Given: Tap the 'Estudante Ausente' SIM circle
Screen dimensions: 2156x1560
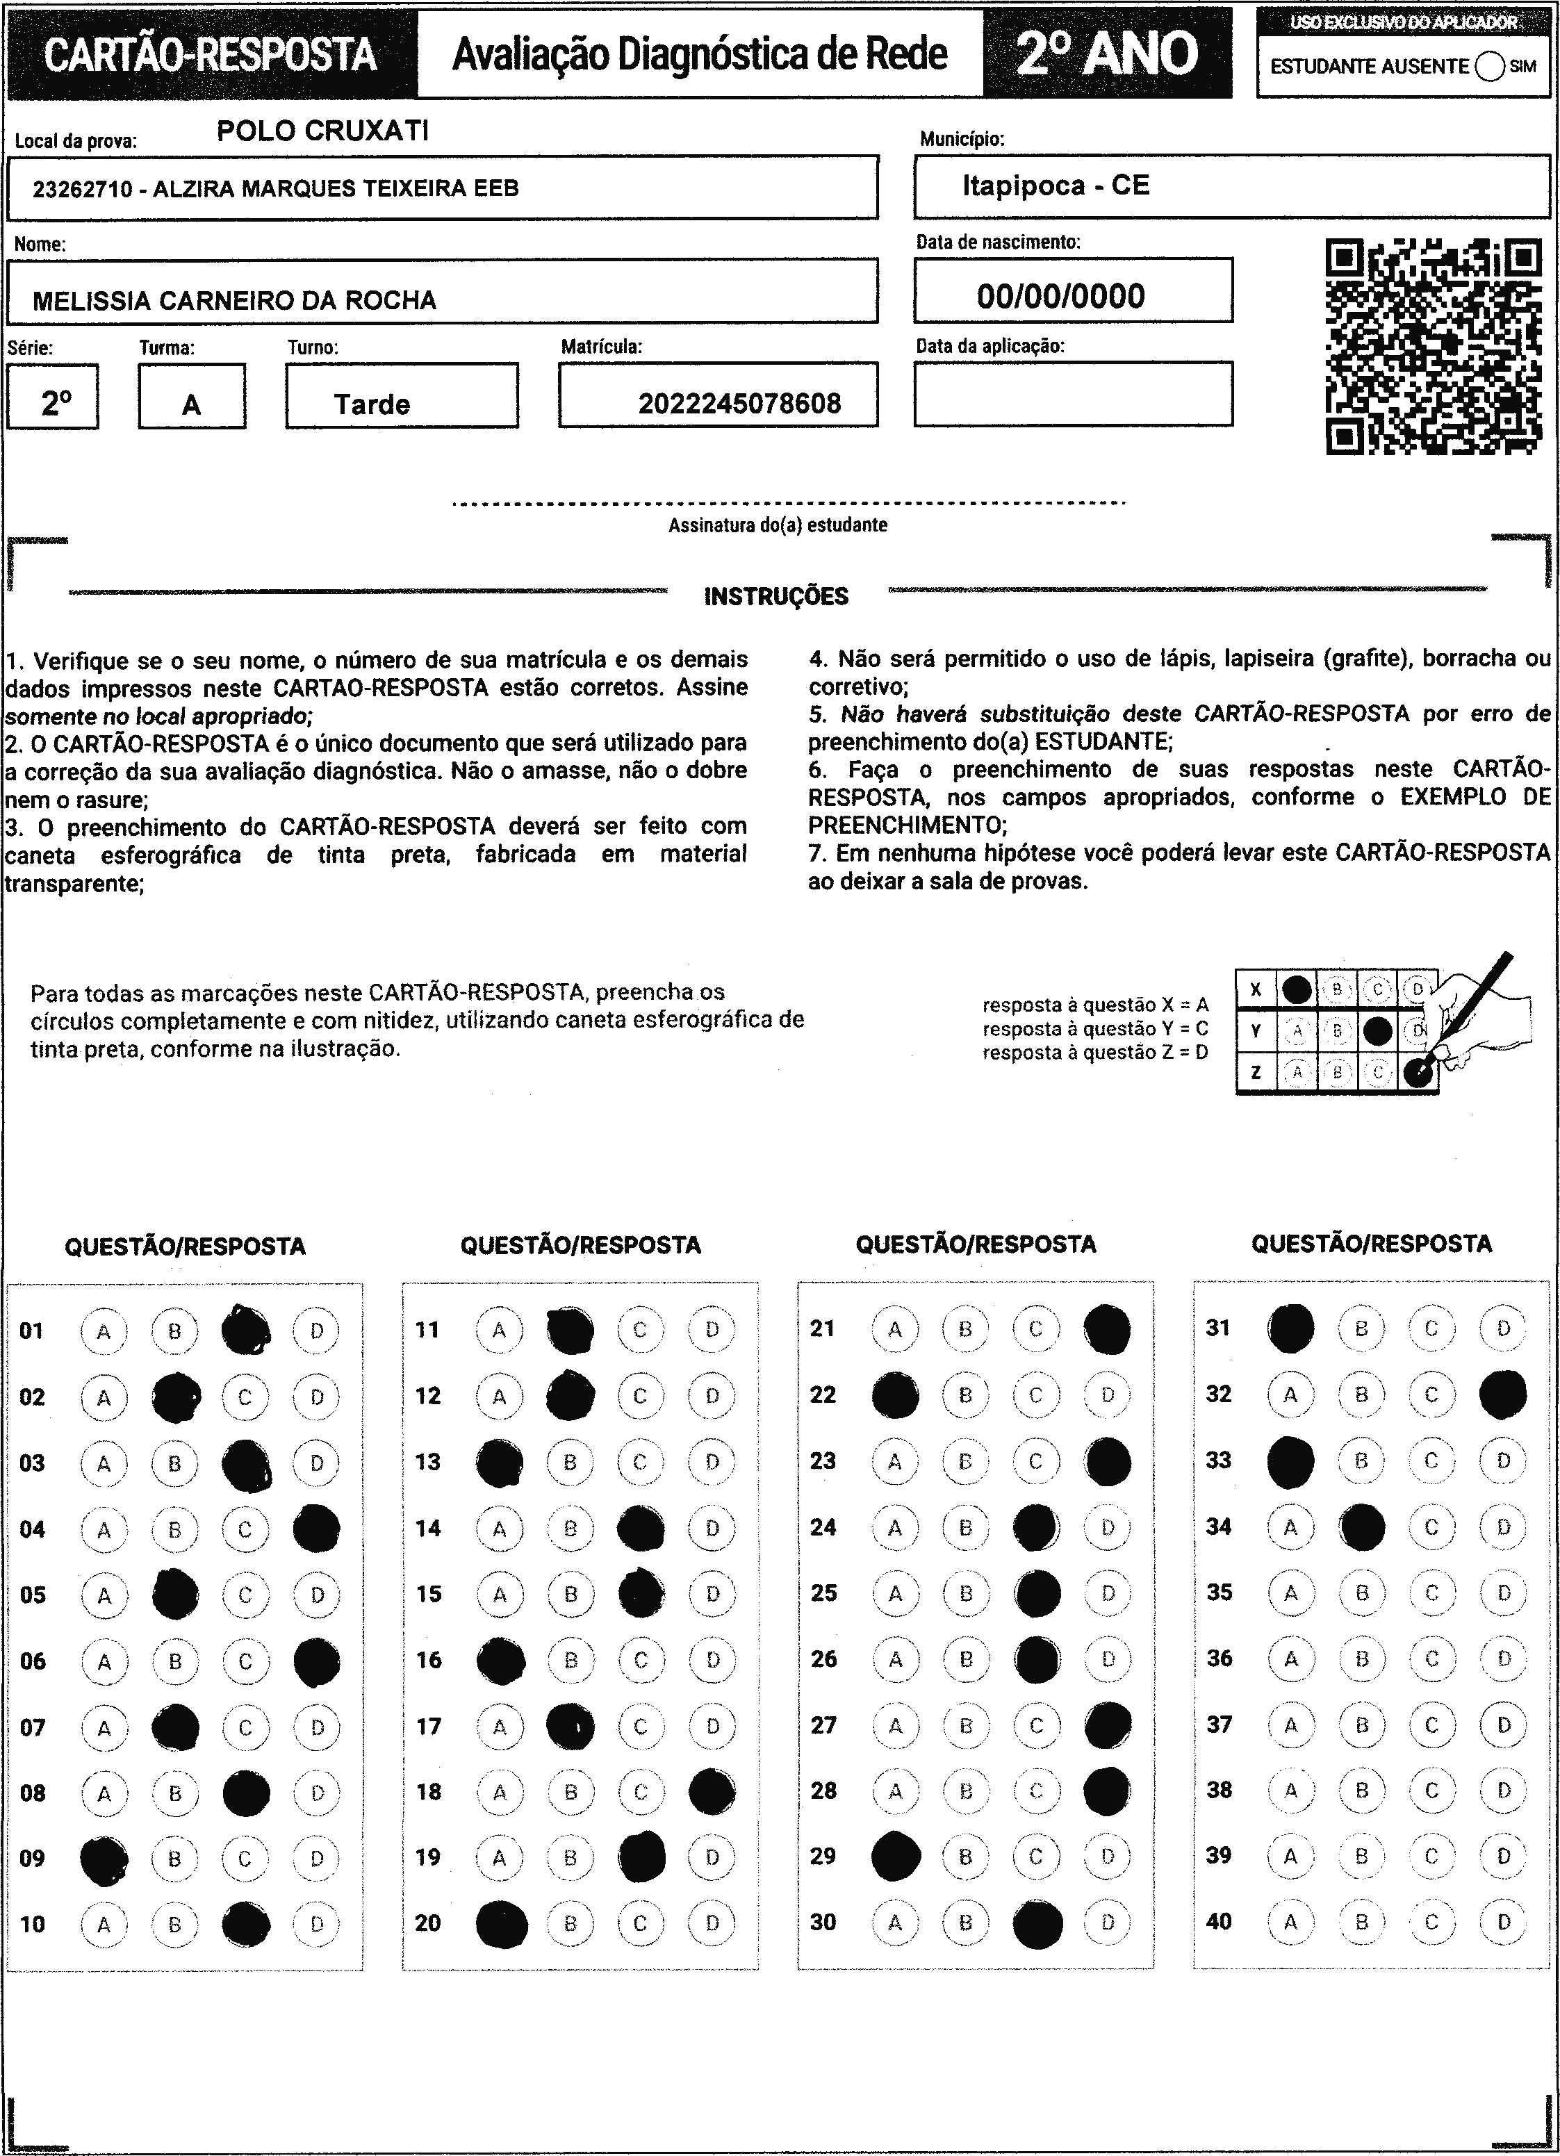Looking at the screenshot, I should pos(1490,67).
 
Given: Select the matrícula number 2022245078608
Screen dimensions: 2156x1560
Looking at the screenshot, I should pos(739,404).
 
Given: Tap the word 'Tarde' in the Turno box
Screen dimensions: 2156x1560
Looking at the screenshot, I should pos(372,405).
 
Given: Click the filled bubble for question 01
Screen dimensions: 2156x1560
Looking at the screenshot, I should pos(245,1330).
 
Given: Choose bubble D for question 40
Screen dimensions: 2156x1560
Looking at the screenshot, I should pos(1503,1922).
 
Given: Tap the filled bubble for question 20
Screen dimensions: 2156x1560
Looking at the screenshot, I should pos(501,1922).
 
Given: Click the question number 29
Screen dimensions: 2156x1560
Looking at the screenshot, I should pos(823,1854).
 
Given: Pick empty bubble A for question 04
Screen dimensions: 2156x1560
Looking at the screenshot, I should pos(104,1529).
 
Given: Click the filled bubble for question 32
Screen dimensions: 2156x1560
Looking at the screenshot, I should pos(1503,1394).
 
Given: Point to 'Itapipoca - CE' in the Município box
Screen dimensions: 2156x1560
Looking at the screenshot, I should pos(1056,186).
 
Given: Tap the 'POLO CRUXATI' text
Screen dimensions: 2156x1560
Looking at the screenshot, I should pos(322,131).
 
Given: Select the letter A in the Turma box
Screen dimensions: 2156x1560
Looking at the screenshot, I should pos(191,405).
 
